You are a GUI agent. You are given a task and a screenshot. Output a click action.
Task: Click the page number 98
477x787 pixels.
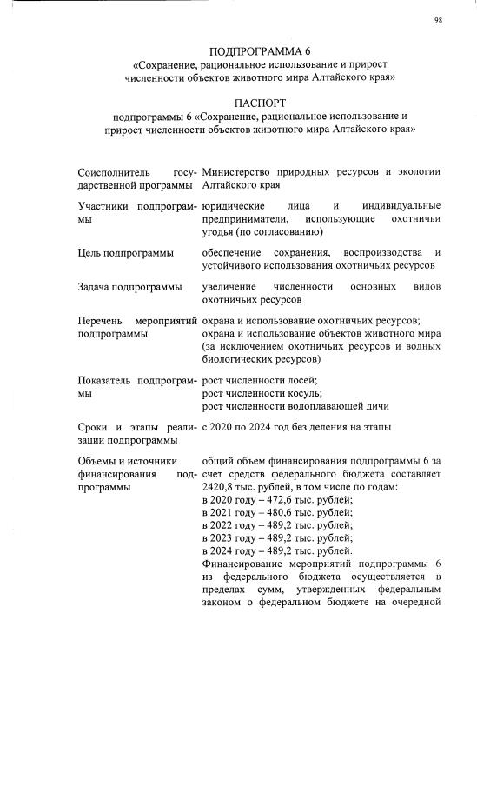(x=439, y=22)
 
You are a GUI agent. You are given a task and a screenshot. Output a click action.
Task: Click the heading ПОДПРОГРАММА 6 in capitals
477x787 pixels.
(x=261, y=49)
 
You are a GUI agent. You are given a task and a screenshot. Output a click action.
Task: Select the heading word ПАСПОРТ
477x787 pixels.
(x=260, y=103)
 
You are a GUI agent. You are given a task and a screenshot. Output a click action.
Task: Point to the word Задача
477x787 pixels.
(x=96, y=287)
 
